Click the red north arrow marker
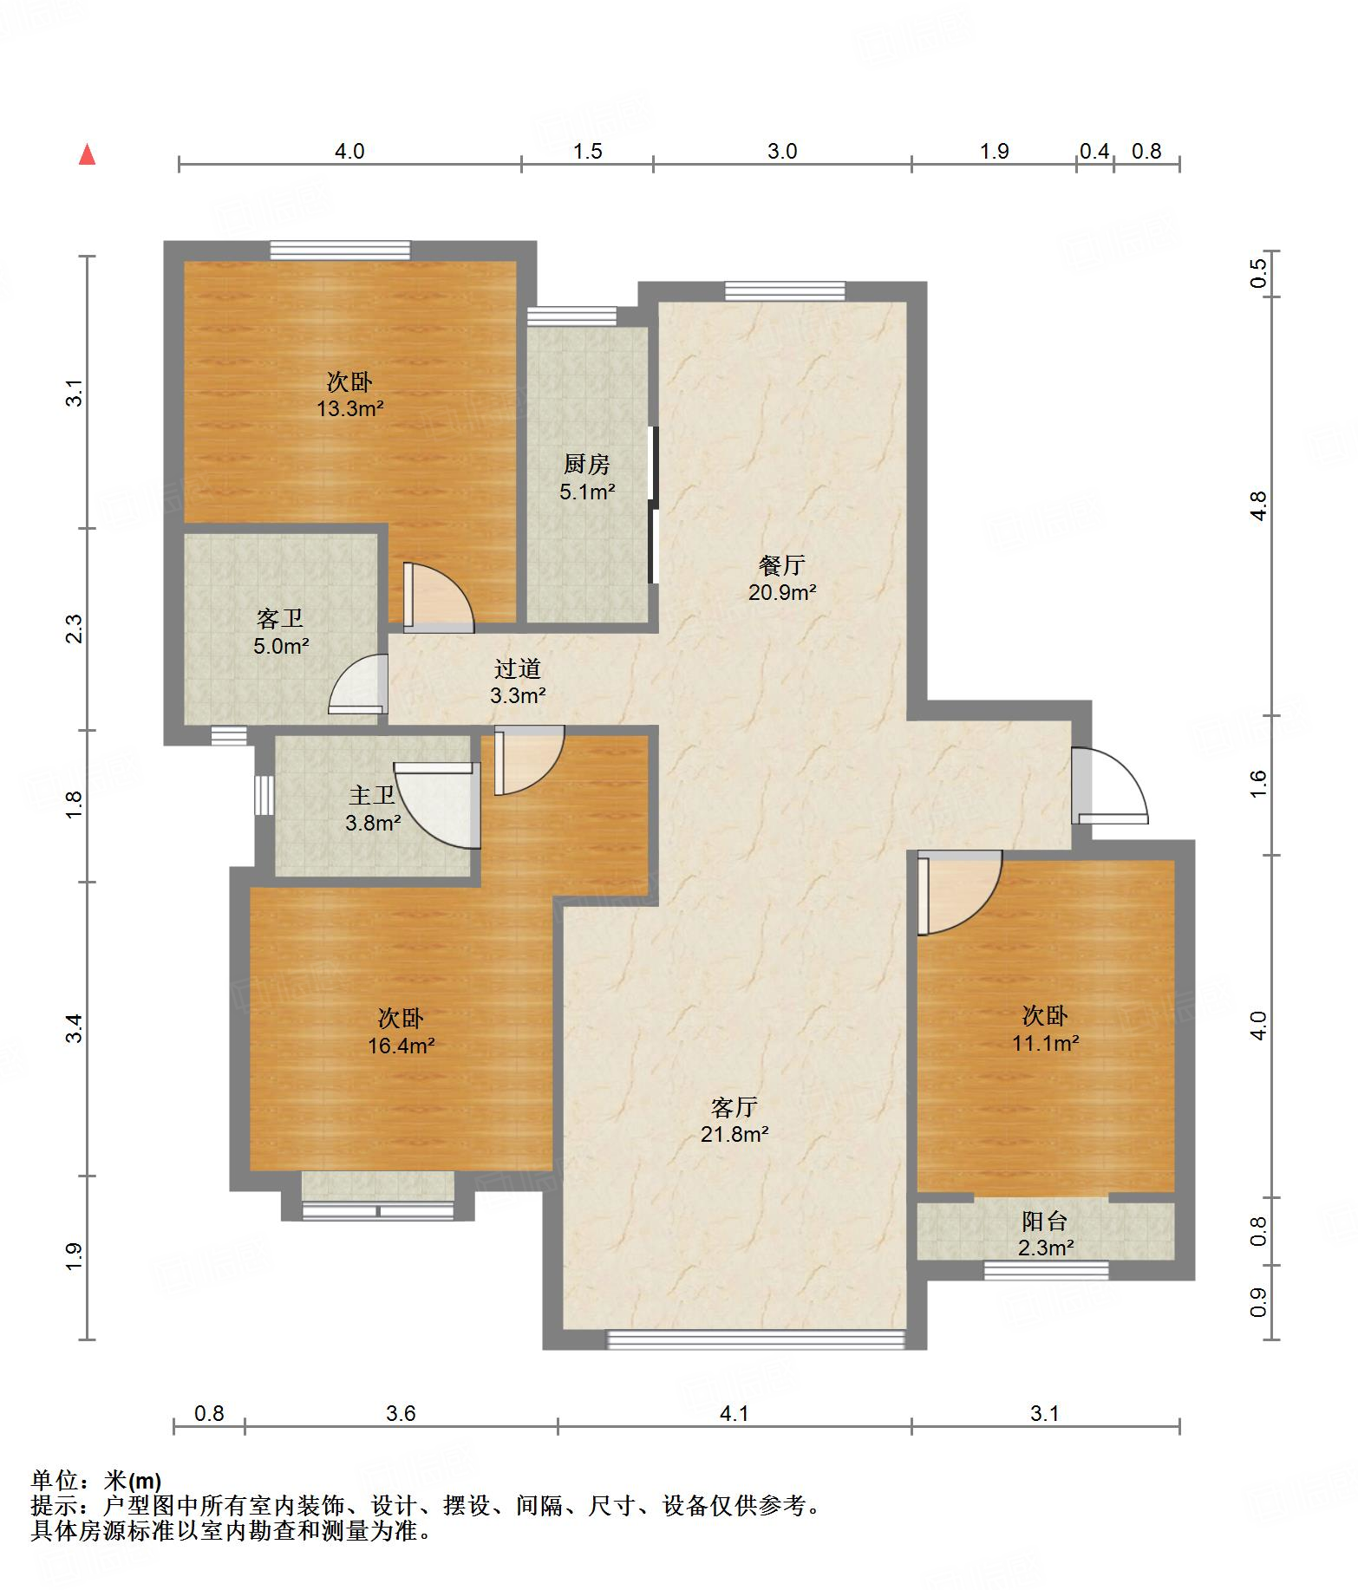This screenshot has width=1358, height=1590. pyautogui.click(x=87, y=154)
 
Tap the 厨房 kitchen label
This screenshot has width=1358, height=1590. pyautogui.click(x=587, y=465)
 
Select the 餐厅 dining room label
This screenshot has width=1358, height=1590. pyautogui.click(x=782, y=566)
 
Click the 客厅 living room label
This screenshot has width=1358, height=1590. pyautogui.click(x=734, y=1107)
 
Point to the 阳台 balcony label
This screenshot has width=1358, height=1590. pyautogui.click(x=1045, y=1222)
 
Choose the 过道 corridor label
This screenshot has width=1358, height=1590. pyautogui.click(x=518, y=668)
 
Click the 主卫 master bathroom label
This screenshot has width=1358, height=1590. pyautogui.click(x=373, y=795)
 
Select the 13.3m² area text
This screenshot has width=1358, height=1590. pyautogui.click(x=349, y=408)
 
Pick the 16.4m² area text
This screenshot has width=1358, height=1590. pyautogui.click(x=401, y=1046)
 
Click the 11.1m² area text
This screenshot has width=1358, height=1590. pyautogui.click(x=1045, y=1043)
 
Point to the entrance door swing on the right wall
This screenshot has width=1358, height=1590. pyautogui.click(x=1109, y=785)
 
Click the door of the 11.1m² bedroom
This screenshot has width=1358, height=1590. pyautogui.click(x=960, y=893)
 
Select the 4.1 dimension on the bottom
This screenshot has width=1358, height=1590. pyautogui.click(x=734, y=1414)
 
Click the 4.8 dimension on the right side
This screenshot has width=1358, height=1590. pyautogui.click(x=1259, y=505)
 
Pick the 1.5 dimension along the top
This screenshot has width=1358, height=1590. pyautogui.click(x=587, y=151)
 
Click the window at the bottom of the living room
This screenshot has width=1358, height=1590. pyautogui.click(x=755, y=1339)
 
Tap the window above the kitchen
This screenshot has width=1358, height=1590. pyautogui.click(x=572, y=316)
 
